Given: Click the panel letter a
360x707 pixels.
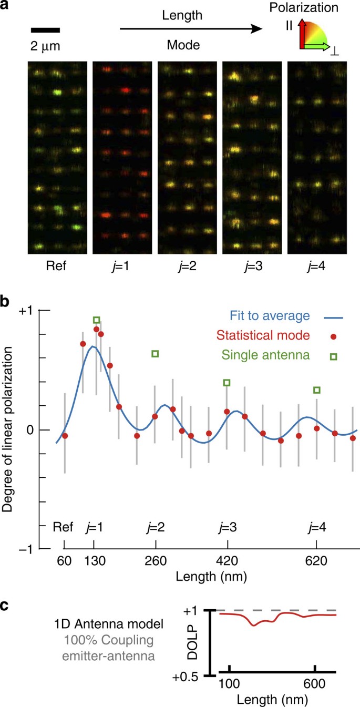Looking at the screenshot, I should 7,8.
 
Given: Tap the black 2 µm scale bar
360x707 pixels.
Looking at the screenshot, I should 45,30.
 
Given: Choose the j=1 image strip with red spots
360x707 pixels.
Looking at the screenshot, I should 122,158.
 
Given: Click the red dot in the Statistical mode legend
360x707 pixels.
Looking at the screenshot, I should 333,336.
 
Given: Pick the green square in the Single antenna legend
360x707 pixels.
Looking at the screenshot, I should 333,357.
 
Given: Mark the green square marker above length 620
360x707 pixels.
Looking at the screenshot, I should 316,390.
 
